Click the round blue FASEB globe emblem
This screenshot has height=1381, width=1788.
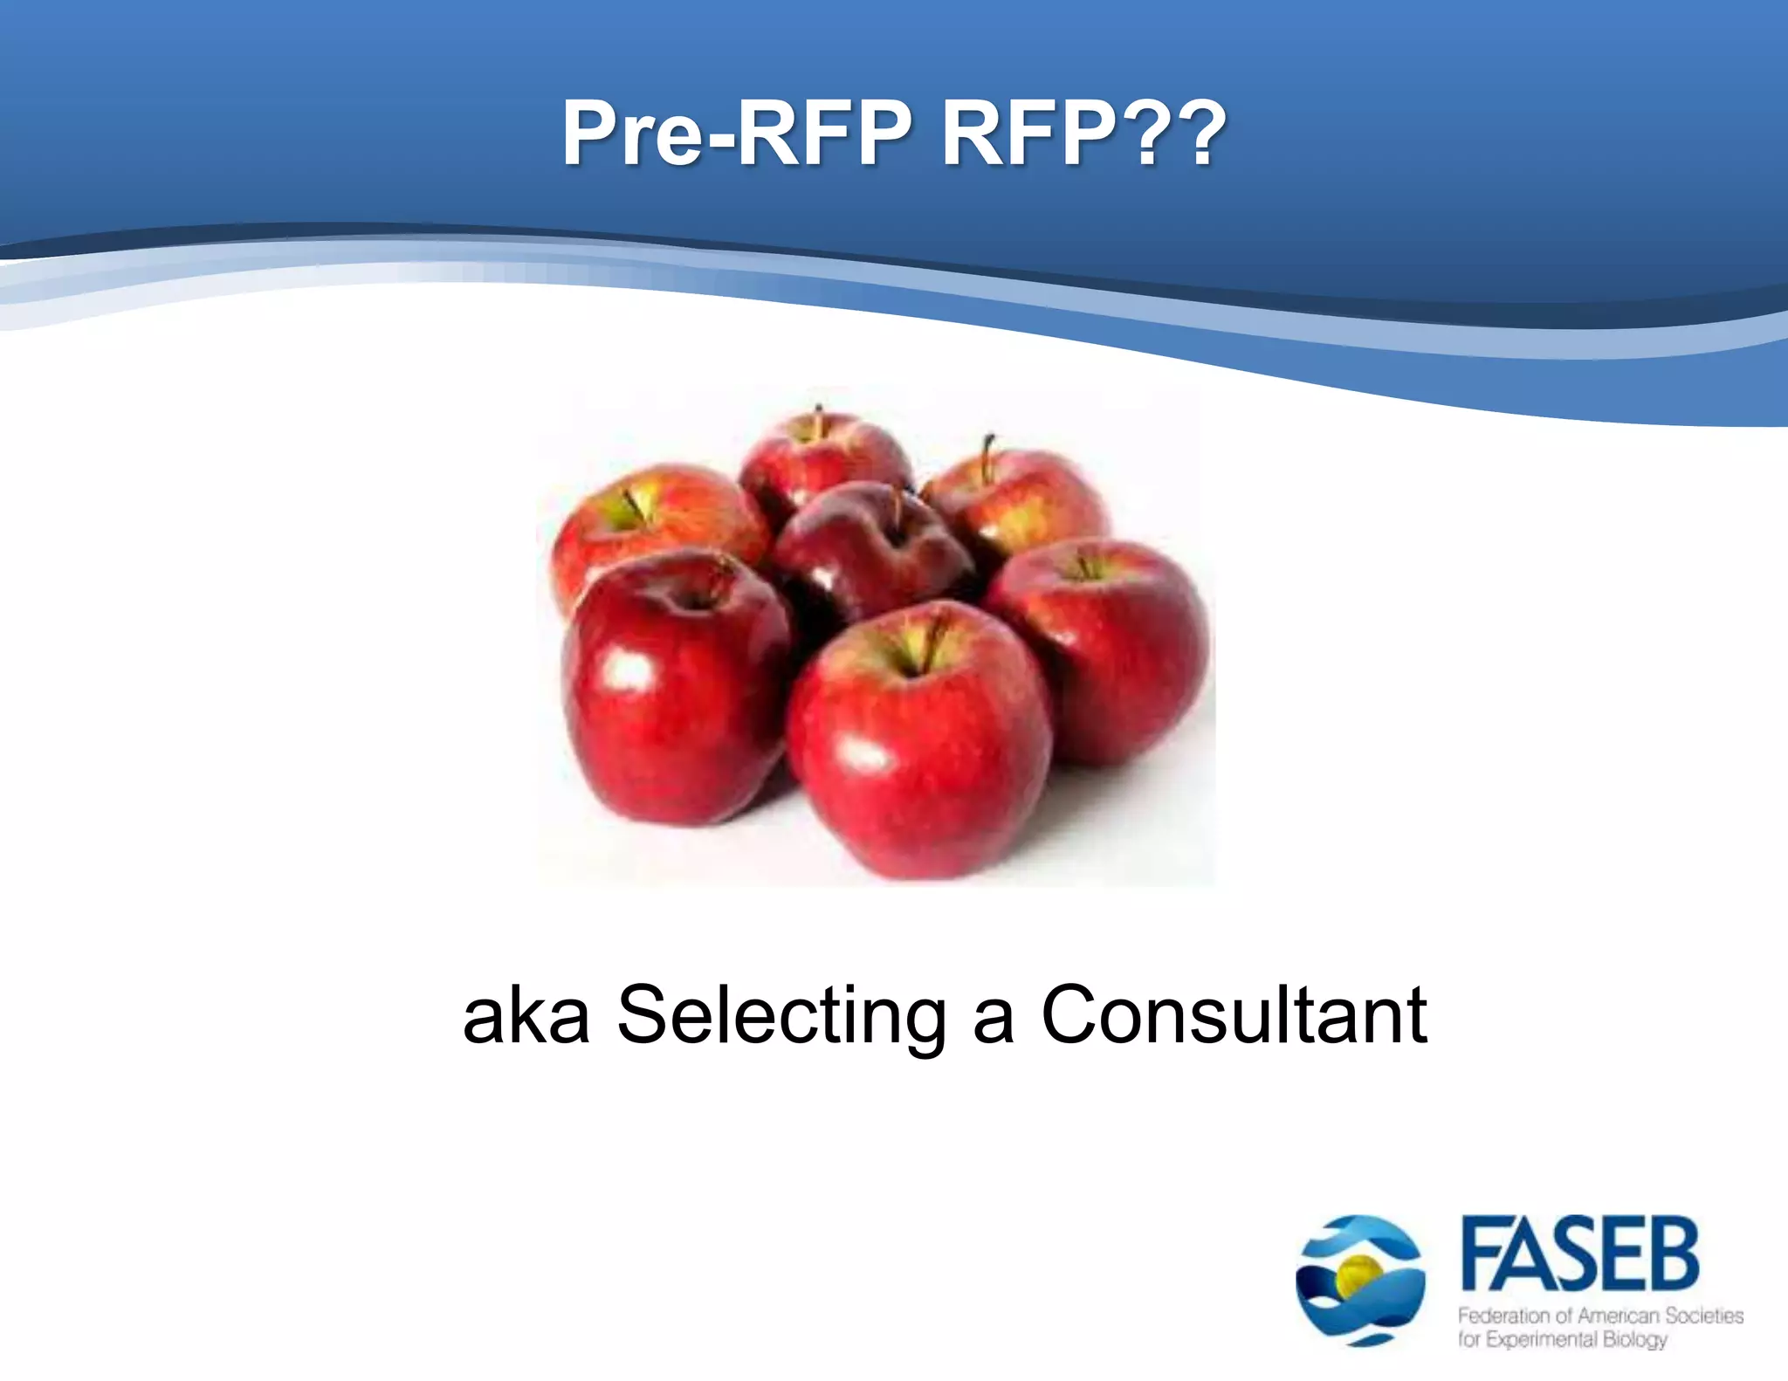coord(1360,1280)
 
